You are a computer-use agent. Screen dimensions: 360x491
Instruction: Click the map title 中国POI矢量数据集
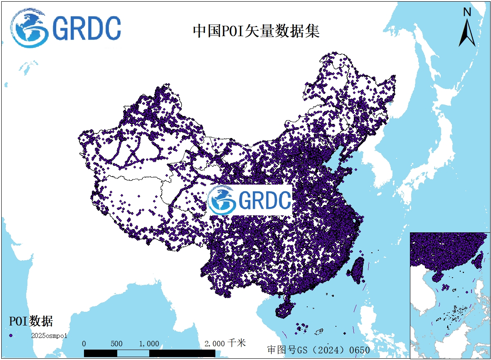[x=256, y=31]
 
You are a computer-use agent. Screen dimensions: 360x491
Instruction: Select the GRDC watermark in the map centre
[x=249, y=200]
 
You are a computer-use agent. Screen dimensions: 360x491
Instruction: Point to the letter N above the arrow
[x=467, y=12]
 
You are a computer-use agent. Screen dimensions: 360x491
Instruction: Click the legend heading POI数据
[x=31, y=321]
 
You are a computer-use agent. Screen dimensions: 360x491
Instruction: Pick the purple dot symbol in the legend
[x=11, y=335]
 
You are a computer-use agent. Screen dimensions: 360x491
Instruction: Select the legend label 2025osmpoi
[x=49, y=335]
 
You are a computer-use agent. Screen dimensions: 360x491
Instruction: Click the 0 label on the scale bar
[x=84, y=344]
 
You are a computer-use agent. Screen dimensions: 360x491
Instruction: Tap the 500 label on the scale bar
[x=116, y=344]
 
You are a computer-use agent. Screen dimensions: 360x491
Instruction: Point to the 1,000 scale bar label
[x=149, y=344]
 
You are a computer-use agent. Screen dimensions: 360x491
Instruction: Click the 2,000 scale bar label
[x=215, y=344]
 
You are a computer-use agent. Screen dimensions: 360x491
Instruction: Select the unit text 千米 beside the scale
[x=237, y=343]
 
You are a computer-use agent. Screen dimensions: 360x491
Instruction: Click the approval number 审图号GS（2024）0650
[x=318, y=350]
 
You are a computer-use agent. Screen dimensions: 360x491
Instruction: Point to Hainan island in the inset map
[x=438, y=276]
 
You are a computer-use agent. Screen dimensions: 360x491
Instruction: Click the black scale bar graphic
[x=150, y=353]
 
